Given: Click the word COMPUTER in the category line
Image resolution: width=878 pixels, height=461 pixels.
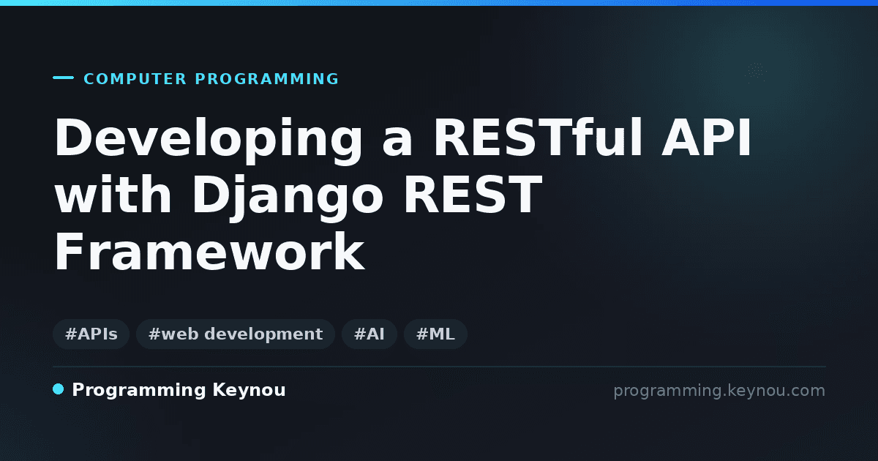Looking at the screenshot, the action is (x=135, y=79).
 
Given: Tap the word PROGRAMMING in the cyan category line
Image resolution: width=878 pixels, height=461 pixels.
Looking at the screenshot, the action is (x=266, y=79).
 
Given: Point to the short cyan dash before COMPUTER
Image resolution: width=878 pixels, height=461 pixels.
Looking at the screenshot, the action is (x=63, y=78).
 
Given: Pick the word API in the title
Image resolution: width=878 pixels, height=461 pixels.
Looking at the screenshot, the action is (x=707, y=138).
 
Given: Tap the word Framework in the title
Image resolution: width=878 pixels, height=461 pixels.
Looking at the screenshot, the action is (x=210, y=252).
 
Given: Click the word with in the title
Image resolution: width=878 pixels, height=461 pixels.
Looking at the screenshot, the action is (x=113, y=194).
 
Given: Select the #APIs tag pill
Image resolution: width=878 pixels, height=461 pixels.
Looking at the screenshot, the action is (x=91, y=334).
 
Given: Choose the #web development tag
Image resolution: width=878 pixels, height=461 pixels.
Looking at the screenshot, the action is (x=236, y=334).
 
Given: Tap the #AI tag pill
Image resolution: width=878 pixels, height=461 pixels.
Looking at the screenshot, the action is (x=369, y=334).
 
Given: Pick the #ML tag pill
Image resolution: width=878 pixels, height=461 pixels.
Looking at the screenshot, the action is (x=435, y=334).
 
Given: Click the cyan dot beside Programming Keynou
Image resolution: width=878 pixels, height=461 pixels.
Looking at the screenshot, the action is (x=59, y=389).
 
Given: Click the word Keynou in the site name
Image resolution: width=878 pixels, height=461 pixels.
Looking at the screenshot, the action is (x=249, y=391).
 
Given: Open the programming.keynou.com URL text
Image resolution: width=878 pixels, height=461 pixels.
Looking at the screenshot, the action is (x=719, y=391).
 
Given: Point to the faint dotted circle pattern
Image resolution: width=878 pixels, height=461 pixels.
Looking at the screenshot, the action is (x=755, y=72).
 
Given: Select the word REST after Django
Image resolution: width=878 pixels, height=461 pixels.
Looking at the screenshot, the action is (x=473, y=194).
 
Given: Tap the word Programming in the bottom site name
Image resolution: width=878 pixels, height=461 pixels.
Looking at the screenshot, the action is (x=139, y=391).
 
